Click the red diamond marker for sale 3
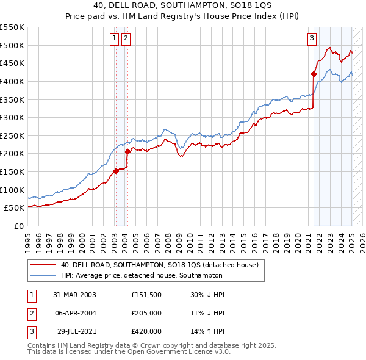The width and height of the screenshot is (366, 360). tap(314, 74)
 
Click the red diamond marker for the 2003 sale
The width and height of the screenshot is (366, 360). tap(116, 171)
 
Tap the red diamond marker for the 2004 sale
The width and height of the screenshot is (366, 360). tap(127, 151)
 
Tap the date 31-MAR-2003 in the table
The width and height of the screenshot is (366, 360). tap(74, 295)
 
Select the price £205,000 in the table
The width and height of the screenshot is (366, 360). tap(146, 313)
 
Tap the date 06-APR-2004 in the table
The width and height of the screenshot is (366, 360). tap(74, 313)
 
